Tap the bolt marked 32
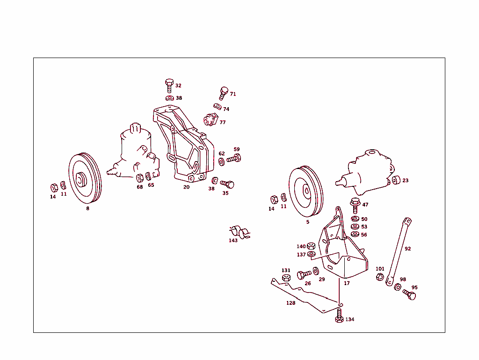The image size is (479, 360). [169, 86]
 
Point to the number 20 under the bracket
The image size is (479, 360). [186, 187]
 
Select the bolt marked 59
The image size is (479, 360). [233, 159]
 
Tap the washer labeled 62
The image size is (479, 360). [221, 162]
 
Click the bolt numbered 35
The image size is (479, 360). [227, 184]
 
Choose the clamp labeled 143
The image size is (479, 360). [240, 232]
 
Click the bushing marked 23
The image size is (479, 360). [396, 180]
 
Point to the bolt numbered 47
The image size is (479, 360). [355, 205]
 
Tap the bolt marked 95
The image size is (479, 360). [409, 295]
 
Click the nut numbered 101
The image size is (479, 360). [380, 277]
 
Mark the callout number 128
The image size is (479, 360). [290, 303]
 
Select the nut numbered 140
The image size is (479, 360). [311, 246]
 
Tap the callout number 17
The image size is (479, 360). [347, 283]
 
